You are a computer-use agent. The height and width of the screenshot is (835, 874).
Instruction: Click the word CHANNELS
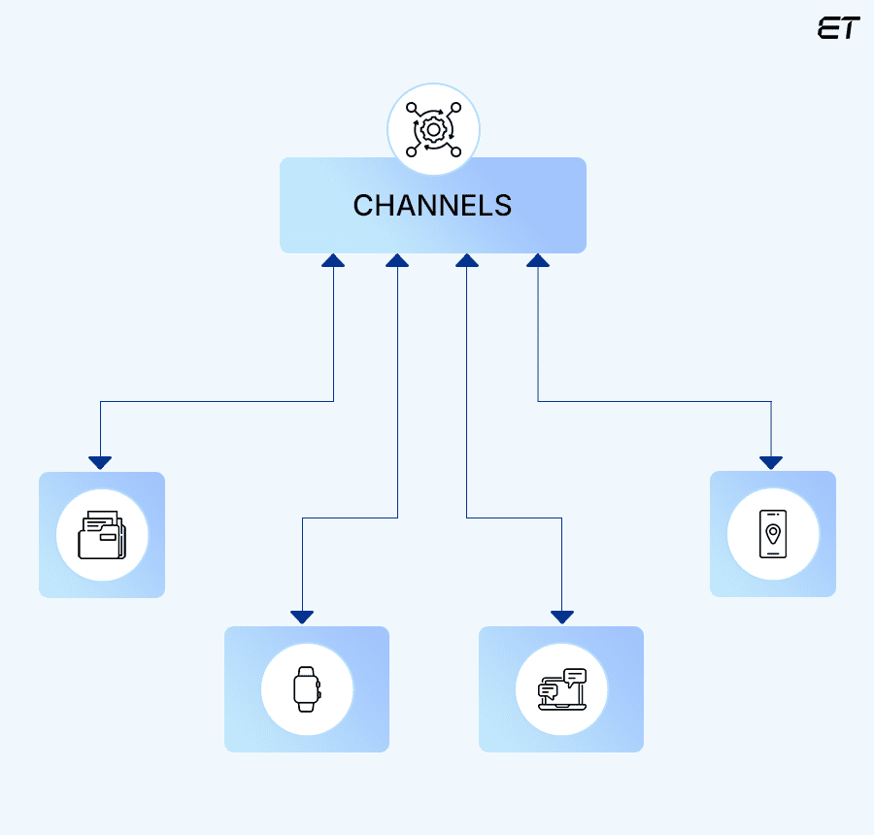coord(432,206)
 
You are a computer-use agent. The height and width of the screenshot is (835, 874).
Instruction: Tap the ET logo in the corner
coord(838,29)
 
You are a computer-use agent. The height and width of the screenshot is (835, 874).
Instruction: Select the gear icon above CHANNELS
coord(433,129)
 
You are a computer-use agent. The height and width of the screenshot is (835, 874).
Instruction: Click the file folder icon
coord(102,535)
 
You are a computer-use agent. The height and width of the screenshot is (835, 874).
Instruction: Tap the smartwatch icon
coord(306,689)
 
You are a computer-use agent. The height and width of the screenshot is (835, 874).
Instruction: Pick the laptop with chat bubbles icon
coord(561,689)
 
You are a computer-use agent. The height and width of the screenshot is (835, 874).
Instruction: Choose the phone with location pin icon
coord(773,534)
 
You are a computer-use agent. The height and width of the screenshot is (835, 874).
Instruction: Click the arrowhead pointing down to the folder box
coord(100,462)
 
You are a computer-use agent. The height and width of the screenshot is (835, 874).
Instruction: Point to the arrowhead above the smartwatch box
coord(302,617)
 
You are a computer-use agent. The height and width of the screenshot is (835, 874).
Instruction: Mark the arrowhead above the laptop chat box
coord(562,617)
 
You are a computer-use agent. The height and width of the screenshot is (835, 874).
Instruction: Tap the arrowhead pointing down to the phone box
coord(772,462)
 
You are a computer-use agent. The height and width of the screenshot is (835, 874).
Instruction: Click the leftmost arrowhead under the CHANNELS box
coord(333,260)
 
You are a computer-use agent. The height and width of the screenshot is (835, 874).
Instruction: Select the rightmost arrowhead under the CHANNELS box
coord(538,260)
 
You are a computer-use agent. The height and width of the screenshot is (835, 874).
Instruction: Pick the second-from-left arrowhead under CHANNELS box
coord(397,260)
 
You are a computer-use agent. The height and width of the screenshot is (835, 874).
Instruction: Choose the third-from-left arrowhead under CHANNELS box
coord(467,260)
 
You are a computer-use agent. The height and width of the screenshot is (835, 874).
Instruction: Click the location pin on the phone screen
coord(773,532)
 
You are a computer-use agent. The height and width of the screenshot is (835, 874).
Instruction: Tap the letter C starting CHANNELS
coord(363,206)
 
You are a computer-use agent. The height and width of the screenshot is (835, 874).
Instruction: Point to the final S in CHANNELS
coord(502,206)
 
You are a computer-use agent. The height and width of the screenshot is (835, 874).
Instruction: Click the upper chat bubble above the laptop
coord(575,676)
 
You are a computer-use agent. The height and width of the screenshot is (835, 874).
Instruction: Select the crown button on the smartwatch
coord(319,685)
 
